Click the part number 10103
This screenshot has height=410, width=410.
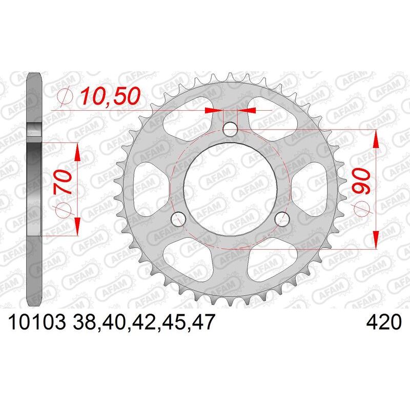[34, 323]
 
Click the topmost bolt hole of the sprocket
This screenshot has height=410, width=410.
[231, 130]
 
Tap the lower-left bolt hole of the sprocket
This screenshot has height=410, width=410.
[178, 219]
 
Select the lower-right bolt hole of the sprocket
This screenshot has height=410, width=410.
[282, 219]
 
